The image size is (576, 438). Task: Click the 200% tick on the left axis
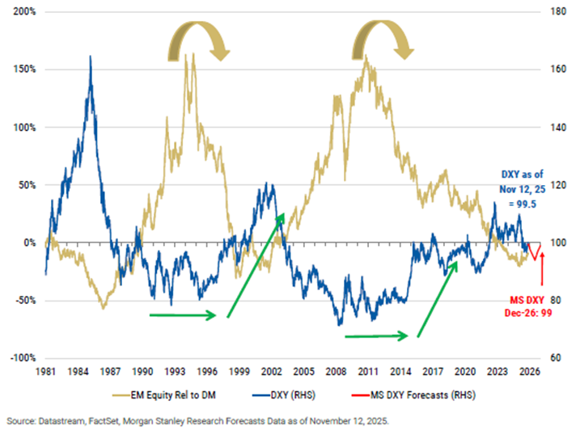point(22,12)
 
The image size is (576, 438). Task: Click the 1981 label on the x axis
point(46,372)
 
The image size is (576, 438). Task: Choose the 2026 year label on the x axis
point(531,372)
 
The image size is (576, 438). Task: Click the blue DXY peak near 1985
point(90,57)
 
